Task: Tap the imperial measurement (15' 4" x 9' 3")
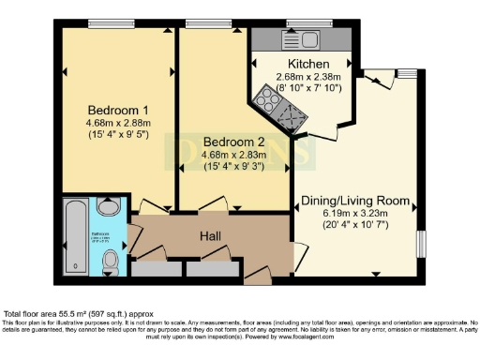[233, 167]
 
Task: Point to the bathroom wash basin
[111, 208]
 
